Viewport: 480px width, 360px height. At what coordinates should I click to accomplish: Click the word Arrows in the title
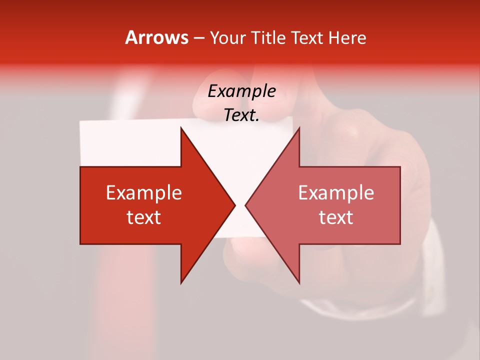pos(156,37)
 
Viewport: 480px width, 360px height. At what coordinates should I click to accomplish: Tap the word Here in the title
pos(347,37)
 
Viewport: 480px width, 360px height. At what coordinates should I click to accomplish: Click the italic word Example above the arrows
pos(241,91)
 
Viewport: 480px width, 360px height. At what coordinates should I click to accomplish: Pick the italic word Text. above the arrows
pos(241,115)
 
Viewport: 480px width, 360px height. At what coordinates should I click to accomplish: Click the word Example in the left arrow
pos(144,193)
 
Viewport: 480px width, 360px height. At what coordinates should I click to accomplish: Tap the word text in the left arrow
pos(144,217)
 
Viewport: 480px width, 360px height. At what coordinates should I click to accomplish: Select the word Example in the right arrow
pos(336,193)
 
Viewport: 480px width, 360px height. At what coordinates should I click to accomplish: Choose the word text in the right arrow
pos(336,217)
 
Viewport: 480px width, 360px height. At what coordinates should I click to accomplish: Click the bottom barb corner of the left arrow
pos(181,282)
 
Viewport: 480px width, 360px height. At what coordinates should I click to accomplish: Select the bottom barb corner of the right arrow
pos(299,282)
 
